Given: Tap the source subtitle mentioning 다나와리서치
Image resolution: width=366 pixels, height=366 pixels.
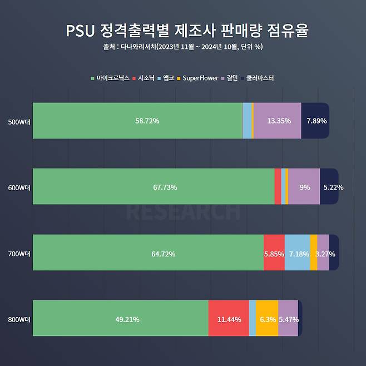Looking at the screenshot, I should [x=183, y=47].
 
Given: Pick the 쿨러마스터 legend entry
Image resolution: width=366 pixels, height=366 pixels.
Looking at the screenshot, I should [x=258, y=78].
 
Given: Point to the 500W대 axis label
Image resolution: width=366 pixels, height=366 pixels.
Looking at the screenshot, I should [x=19, y=121].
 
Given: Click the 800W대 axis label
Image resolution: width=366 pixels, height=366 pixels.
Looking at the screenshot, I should [x=19, y=319].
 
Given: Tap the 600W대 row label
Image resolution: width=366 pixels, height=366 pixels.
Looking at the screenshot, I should [x=19, y=187].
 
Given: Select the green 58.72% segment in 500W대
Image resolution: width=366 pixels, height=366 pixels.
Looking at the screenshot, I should [x=137, y=121].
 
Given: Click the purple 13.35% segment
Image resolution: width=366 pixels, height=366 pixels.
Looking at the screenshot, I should [x=277, y=121].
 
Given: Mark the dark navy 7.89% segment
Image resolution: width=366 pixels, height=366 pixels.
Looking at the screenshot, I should [x=315, y=121].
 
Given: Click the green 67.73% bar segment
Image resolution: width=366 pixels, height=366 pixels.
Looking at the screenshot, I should [x=154, y=187].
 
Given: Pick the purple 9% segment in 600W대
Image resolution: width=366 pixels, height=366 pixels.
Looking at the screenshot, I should [x=304, y=187].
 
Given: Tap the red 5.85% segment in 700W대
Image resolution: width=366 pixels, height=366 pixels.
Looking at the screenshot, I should [x=274, y=253].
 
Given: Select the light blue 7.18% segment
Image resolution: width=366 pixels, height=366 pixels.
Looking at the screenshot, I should [x=297, y=253].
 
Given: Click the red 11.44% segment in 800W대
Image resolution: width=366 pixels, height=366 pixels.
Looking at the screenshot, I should [x=229, y=319].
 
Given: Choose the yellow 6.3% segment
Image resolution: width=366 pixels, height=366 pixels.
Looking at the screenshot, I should [x=267, y=319].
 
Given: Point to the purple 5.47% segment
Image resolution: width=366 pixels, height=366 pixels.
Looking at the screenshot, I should [x=288, y=319].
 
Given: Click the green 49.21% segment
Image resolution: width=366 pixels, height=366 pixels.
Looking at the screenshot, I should [x=121, y=319].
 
